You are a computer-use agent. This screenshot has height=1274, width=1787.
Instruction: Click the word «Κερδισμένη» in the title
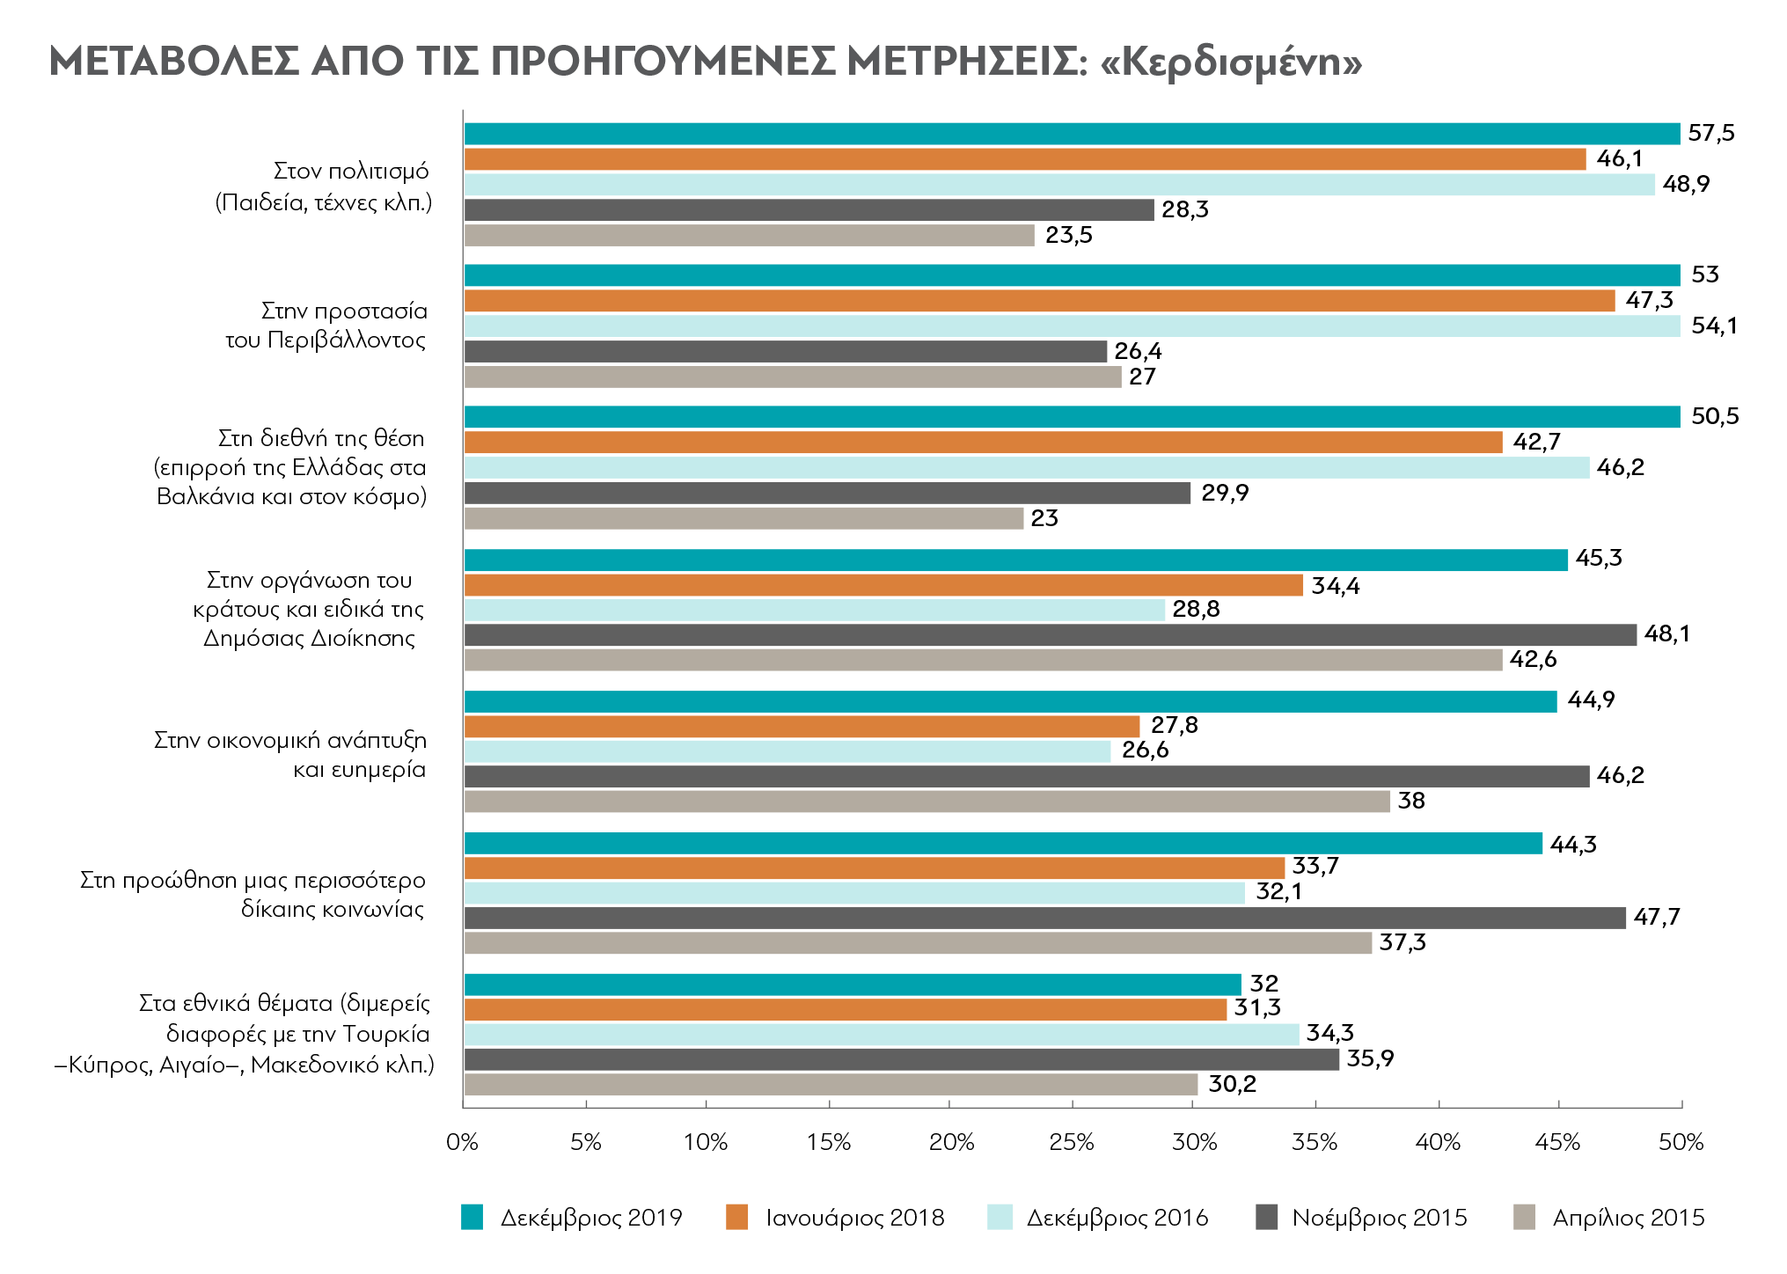(1232, 62)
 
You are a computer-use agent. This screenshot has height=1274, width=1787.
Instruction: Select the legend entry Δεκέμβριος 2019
(572, 1218)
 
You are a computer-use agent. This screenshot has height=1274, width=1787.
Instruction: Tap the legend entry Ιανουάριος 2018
(835, 1218)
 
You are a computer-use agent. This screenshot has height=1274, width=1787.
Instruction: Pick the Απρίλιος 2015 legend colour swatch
(1524, 1218)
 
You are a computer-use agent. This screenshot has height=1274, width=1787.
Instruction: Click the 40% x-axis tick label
(1438, 1143)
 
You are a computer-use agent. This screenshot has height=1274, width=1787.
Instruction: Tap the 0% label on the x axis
(462, 1143)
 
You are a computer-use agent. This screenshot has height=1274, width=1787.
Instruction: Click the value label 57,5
(1711, 133)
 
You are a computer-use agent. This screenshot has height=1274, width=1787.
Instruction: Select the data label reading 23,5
(1069, 235)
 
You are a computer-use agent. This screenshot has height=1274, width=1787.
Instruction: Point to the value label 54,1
(1715, 326)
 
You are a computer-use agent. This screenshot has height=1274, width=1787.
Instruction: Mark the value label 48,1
(1667, 633)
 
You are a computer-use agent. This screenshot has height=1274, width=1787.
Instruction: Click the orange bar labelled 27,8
(802, 726)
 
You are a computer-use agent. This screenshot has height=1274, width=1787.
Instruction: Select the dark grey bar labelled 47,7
(1044, 918)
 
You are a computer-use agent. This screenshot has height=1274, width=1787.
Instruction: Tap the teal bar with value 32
(853, 985)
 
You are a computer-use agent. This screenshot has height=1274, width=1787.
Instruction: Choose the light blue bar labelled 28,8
(814, 610)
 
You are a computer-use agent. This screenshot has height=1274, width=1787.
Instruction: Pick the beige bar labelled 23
(743, 518)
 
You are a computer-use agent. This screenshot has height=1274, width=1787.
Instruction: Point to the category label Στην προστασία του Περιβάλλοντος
(326, 326)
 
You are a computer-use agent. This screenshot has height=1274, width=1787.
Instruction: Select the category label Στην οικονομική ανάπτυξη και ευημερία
(290, 754)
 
